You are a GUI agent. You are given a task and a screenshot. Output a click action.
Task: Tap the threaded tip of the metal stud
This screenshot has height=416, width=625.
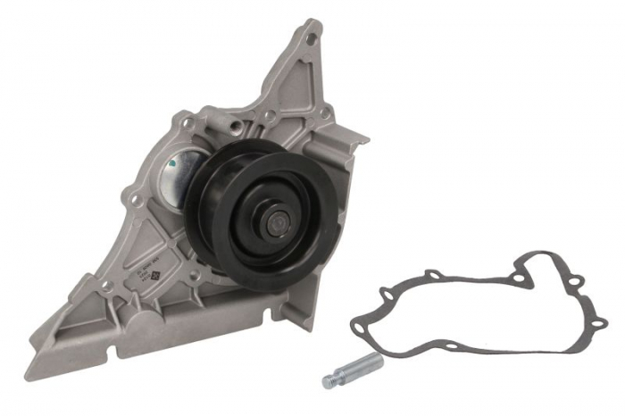(x=329, y=380)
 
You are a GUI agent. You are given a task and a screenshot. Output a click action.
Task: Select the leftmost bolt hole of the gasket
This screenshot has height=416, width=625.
(x=359, y=328)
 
